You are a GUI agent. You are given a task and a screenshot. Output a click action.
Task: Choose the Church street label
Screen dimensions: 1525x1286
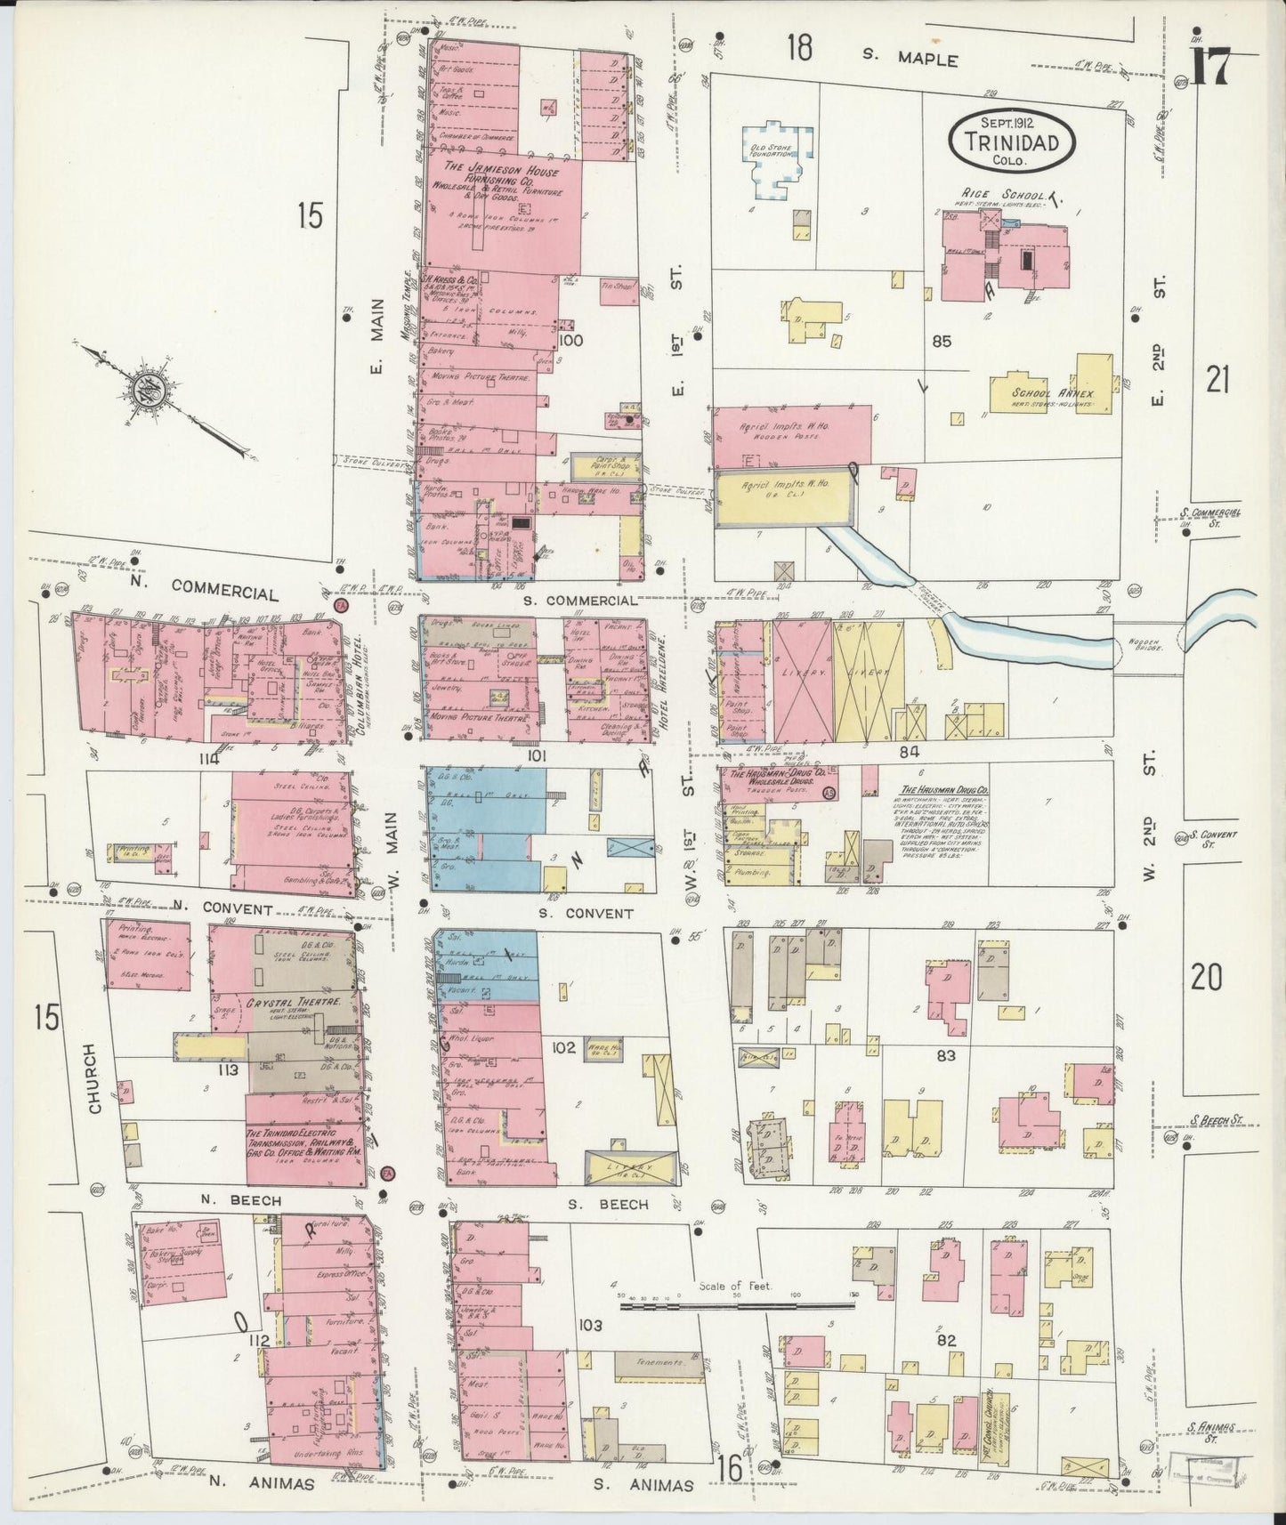[96, 1078]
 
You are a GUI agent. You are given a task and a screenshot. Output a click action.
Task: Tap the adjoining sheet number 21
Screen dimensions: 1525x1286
[1217, 381]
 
